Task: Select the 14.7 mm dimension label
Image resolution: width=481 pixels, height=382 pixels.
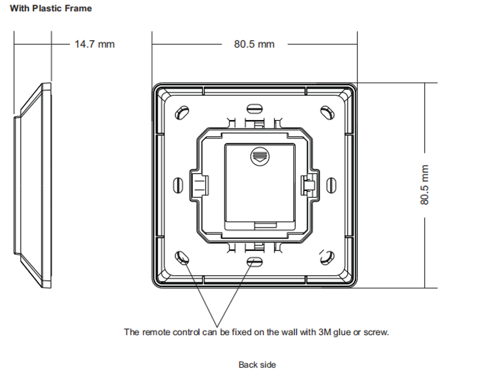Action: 94,44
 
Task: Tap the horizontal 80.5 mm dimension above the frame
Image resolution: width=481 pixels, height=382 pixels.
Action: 254,44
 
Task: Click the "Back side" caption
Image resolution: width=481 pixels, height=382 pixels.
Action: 257,365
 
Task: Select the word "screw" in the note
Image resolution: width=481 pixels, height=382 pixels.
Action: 375,332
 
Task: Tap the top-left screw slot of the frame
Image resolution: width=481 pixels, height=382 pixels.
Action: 181,112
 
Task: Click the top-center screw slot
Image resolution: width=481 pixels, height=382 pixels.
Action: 254,108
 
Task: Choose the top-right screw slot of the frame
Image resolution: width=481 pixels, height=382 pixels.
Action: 326,112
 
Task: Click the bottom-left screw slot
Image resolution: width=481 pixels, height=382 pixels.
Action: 181,258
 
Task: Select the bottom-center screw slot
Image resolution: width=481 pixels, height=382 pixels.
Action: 254,262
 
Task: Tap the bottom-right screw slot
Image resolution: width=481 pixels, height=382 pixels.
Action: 326,258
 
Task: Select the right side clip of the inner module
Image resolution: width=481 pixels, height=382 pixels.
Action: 308,184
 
